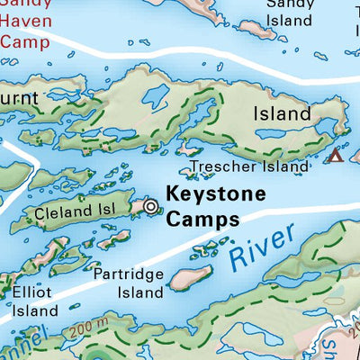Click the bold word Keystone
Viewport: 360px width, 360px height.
(216, 193)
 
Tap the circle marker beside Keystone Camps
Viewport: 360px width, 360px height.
(150, 208)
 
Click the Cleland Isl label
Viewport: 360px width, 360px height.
(71, 213)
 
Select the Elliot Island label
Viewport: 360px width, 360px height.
(33, 301)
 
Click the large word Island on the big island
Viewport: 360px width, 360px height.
(282, 114)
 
